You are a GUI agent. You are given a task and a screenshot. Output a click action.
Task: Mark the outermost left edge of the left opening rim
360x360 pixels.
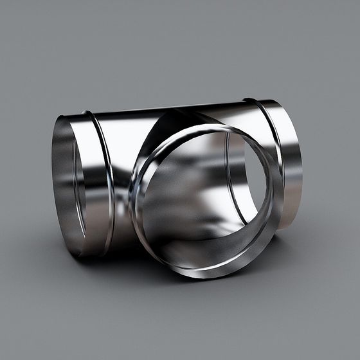[53, 186]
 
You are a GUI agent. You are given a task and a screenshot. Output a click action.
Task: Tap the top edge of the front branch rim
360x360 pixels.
[206, 127]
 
